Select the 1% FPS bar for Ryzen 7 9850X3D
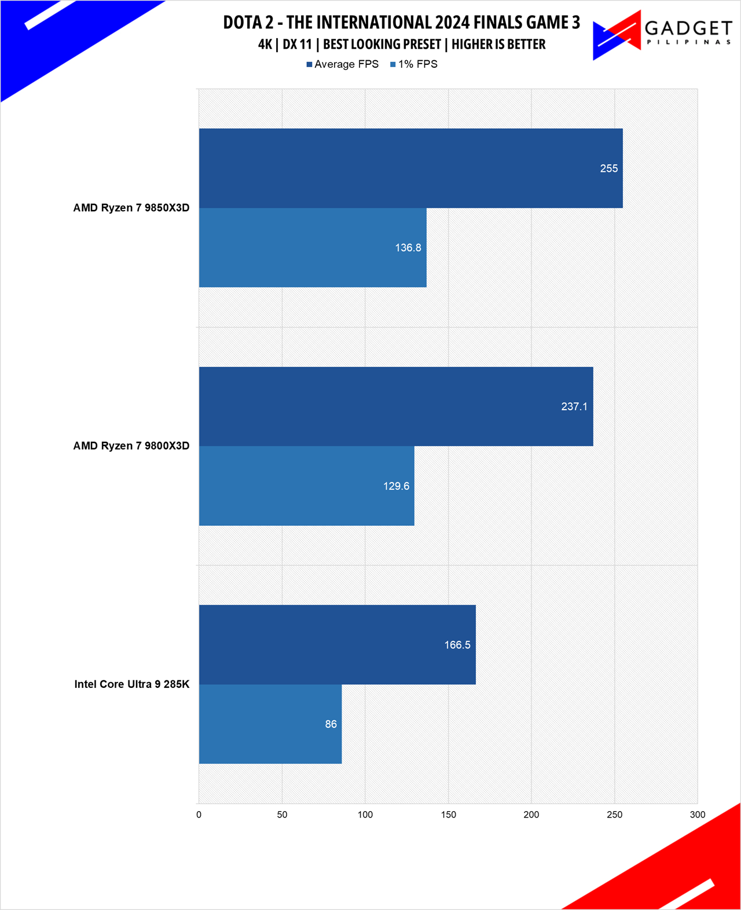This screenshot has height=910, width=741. tap(313, 248)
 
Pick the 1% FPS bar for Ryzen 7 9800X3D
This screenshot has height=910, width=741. tap(306, 486)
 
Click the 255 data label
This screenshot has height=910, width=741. tap(608, 168)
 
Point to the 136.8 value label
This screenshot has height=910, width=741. tap(408, 248)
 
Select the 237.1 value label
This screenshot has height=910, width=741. tap(574, 407)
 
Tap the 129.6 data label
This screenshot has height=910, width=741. tap(396, 486)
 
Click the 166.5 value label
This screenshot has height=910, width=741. tap(457, 644)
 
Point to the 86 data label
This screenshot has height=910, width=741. tap(331, 724)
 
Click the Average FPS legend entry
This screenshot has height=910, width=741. tap(343, 64)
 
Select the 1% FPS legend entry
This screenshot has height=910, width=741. tap(414, 64)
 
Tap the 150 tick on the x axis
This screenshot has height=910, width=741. tap(448, 815)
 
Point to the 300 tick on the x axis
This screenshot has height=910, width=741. tap(697, 815)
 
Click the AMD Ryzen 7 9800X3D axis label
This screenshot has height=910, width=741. tap(131, 445)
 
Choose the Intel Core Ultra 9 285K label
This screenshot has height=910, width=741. tap(132, 684)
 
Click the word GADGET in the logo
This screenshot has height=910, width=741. tap(688, 28)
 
